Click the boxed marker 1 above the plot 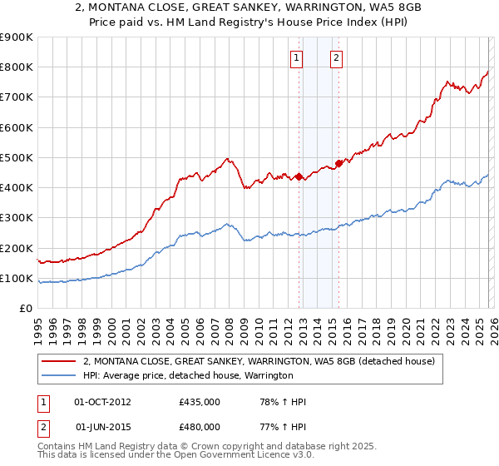click(x=298, y=57)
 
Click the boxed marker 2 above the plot click(x=337, y=57)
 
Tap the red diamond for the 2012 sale click(x=299, y=176)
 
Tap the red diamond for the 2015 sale click(x=338, y=163)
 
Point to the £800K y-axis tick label click(x=17, y=67)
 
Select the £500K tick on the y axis click(x=17, y=157)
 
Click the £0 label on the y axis click(x=26, y=308)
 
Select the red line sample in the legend click(x=58, y=361)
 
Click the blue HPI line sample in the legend click(x=58, y=375)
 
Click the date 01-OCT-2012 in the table click(x=102, y=402)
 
